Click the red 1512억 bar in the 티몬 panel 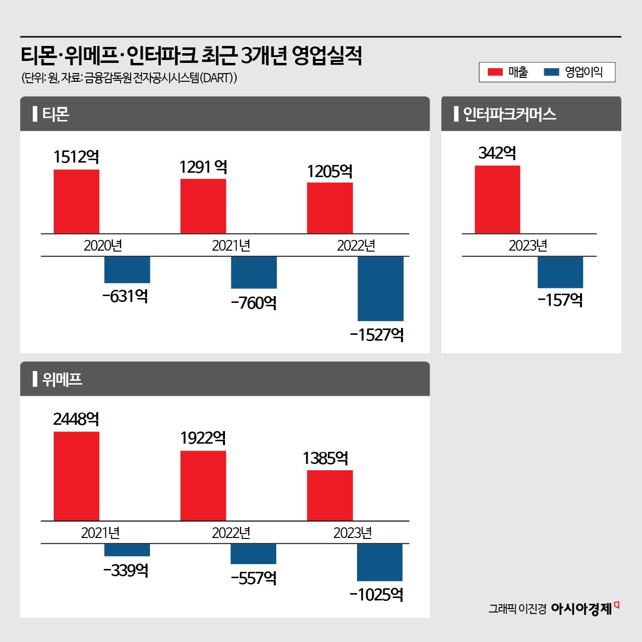point(76,201)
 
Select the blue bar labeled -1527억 point(380,288)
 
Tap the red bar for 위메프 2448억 point(76,476)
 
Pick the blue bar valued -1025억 point(380,562)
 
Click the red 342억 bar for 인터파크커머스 point(497,199)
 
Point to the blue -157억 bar point(560,272)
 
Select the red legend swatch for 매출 point(495,72)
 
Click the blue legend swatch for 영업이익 point(552,72)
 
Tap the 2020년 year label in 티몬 point(103,245)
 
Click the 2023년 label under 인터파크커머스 point(528,245)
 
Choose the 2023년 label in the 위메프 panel point(352,533)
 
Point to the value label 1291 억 point(203,167)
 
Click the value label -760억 point(254,303)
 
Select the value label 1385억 point(326,458)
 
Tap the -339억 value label point(126,570)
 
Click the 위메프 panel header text point(62,379)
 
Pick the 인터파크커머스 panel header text point(509,114)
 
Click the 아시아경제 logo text point(582,608)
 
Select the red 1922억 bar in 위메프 point(203,485)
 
